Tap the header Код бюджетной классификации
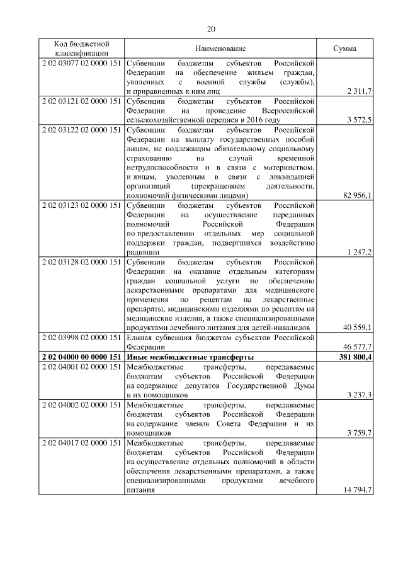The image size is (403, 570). (x=81, y=48)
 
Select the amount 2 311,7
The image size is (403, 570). (x=359, y=92)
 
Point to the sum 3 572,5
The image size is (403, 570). (x=359, y=120)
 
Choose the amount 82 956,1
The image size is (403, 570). (x=357, y=196)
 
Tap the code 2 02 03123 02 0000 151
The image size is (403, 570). (x=81, y=205)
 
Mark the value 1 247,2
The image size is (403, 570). (x=359, y=252)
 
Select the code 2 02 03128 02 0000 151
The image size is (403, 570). (x=81, y=261)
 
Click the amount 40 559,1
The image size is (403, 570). (x=357, y=327)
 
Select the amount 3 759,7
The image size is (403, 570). (x=359, y=433)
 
